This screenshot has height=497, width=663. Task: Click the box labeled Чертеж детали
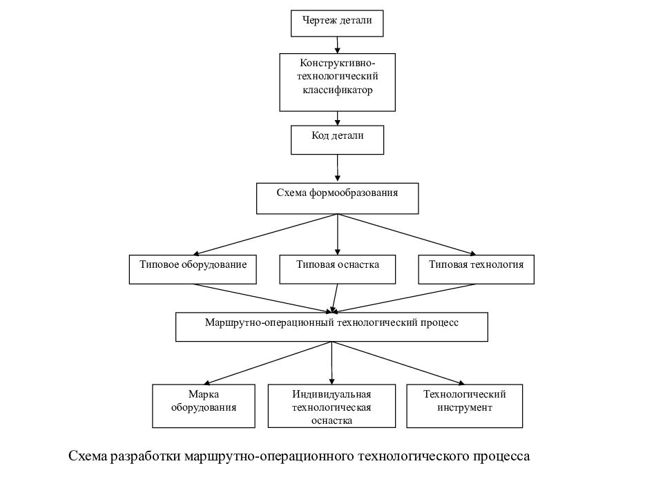click(337, 23)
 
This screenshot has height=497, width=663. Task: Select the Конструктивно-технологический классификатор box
click(338, 82)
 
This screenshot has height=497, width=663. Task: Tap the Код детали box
click(338, 140)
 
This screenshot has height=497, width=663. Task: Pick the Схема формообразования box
click(338, 199)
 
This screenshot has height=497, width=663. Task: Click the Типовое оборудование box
click(193, 269)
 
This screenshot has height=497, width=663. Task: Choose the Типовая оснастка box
click(338, 269)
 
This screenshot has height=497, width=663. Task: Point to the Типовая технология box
click(476, 269)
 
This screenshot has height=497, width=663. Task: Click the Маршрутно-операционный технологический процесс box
click(332, 327)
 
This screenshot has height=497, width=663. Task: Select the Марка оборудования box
click(204, 406)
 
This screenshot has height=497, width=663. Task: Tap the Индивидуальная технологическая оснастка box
click(332, 406)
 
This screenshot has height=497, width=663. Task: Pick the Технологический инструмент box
click(465, 406)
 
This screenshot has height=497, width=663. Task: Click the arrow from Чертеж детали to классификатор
click(338, 45)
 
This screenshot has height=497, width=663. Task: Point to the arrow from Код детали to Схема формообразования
click(338, 168)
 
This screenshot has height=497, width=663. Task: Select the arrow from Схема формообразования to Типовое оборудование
click(265, 235)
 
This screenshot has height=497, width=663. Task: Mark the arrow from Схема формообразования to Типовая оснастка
click(338, 235)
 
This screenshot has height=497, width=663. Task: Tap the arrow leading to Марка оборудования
click(268, 363)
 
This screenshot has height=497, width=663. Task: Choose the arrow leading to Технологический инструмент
click(398, 363)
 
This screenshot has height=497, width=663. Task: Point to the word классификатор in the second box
click(338, 90)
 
